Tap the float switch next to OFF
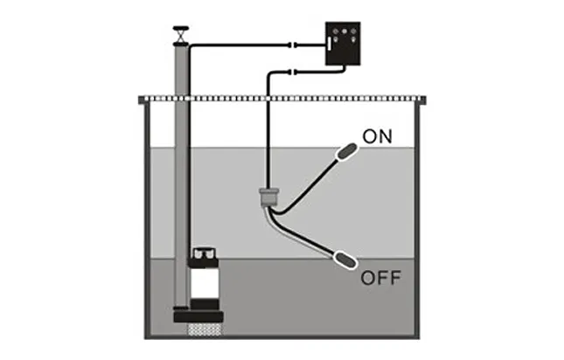344,260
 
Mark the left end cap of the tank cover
143,100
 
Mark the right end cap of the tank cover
425,100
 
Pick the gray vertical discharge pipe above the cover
181,70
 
